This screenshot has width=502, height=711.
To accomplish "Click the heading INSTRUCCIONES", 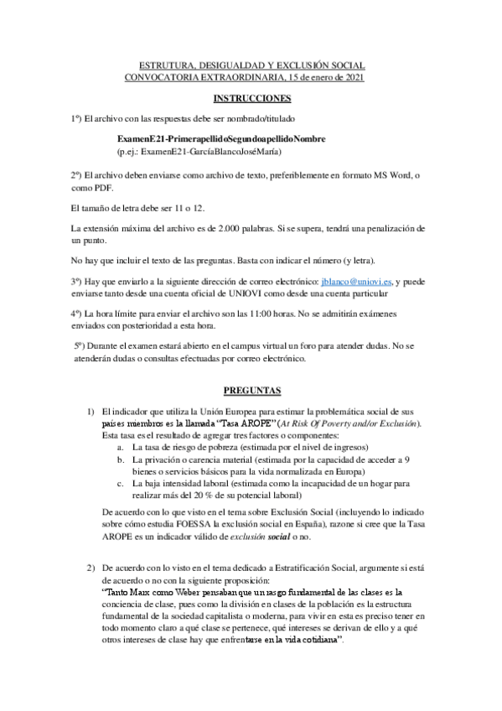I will point(250,98).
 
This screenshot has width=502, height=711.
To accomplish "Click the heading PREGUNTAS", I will point(250,391).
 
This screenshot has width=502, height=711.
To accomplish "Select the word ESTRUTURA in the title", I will point(167,65).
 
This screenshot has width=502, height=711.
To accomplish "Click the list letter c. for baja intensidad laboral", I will point(122,483).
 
